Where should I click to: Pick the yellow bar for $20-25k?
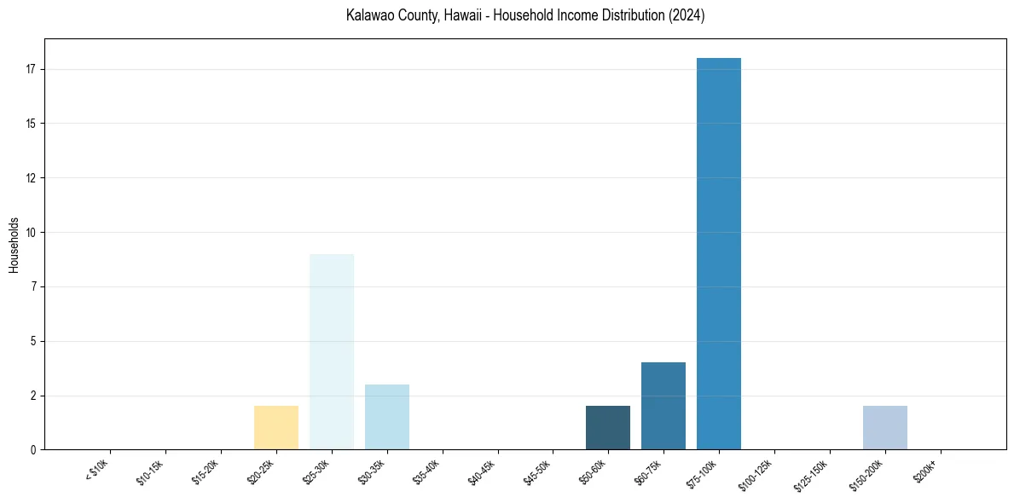276,427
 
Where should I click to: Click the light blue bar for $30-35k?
387,417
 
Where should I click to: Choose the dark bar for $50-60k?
608,427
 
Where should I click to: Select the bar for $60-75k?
663,406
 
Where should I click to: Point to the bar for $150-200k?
884,427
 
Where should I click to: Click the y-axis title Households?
14,245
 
